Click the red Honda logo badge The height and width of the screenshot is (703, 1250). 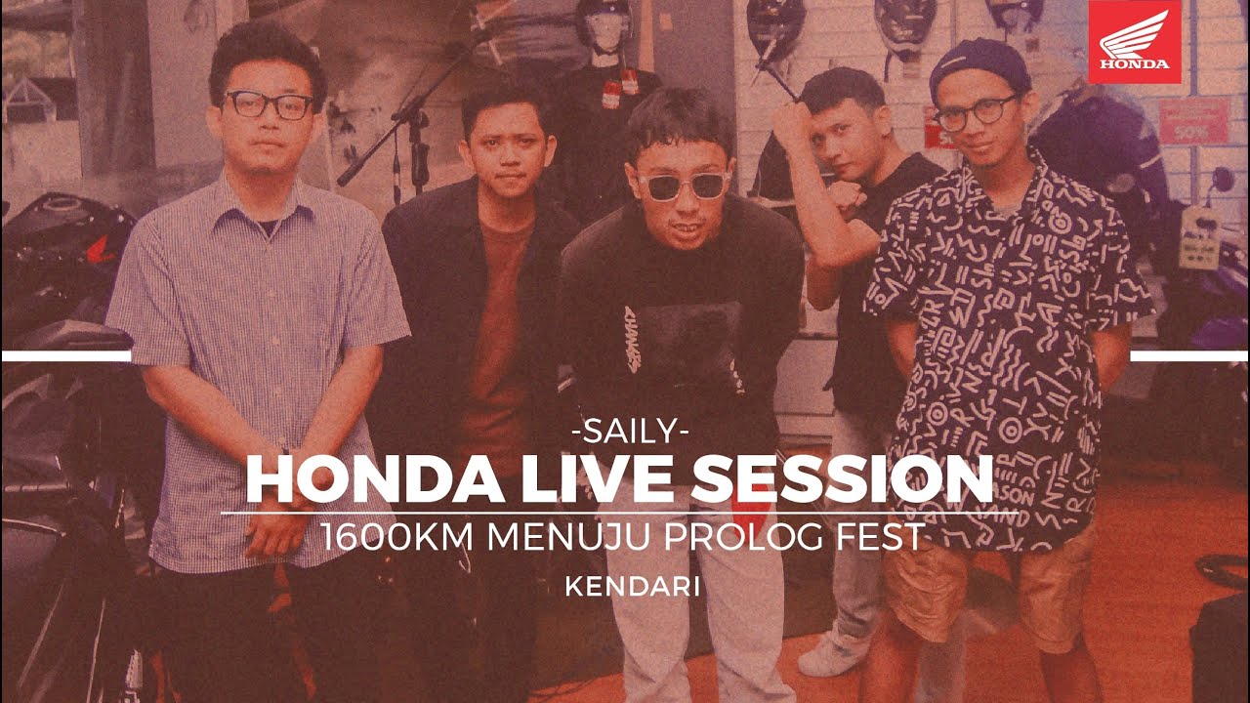pos(1134,42)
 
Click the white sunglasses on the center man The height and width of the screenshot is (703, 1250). pos(683,186)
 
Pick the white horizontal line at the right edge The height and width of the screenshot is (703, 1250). pos(1188,356)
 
